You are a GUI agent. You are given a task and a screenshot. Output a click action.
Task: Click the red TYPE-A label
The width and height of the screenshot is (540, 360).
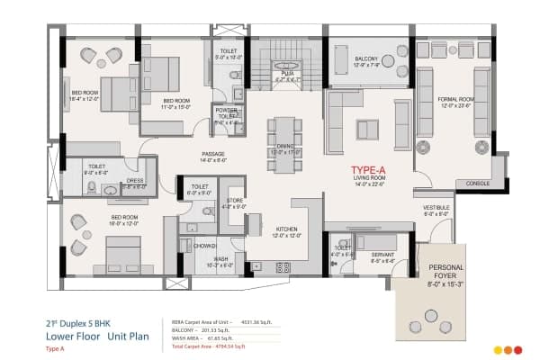(x=370, y=168)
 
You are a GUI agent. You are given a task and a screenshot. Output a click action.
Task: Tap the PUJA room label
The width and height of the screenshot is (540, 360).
(x=286, y=76)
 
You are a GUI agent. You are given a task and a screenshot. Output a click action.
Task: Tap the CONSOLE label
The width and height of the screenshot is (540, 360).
(x=476, y=184)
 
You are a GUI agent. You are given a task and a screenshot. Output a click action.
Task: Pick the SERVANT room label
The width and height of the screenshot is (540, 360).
(x=382, y=255)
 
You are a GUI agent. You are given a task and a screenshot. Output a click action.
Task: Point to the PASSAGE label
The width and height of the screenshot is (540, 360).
(x=212, y=154)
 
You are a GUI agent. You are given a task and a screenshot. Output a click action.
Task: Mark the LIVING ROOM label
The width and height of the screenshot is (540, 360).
(x=370, y=179)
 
